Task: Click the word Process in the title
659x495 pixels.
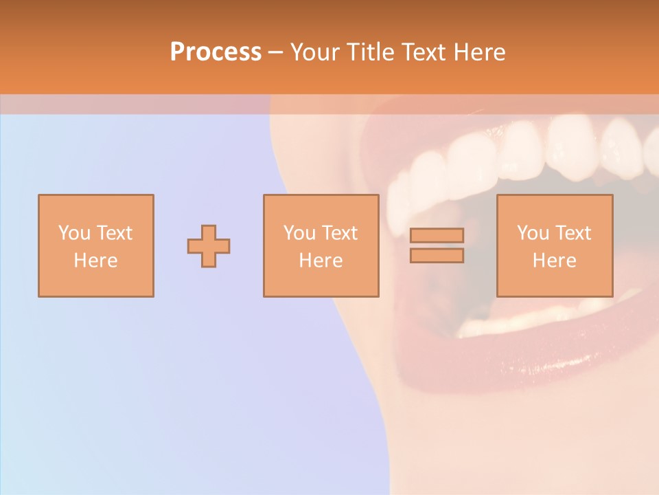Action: tap(216, 52)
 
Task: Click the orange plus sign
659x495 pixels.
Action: tap(209, 246)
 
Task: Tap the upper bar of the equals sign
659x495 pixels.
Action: tap(437, 235)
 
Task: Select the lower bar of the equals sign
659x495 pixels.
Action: tap(437, 256)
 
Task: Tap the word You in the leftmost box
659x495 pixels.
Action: tap(73, 233)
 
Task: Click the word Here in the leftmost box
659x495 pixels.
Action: tap(95, 261)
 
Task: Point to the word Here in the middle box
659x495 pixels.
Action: tap(321, 261)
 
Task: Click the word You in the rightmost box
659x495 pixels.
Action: tap(533, 233)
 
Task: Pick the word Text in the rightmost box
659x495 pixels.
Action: tap(573, 233)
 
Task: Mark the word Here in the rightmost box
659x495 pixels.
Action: tap(554, 261)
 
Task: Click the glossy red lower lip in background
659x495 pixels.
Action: tap(522, 357)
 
